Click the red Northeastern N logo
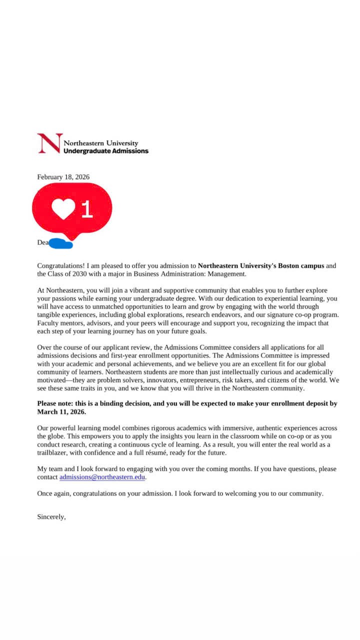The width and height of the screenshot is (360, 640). click(x=49, y=143)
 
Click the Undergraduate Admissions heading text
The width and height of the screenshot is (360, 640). click(x=106, y=151)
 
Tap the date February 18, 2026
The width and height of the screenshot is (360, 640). click(x=63, y=177)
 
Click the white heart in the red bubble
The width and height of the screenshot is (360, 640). click(x=63, y=209)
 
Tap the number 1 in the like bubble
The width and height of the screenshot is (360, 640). click(x=87, y=209)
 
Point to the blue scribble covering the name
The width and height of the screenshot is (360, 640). click(x=61, y=244)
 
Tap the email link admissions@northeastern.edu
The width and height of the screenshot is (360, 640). click(x=102, y=477)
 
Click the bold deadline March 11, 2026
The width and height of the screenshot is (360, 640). click(x=61, y=412)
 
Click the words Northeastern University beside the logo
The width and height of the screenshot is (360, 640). click(x=101, y=143)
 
